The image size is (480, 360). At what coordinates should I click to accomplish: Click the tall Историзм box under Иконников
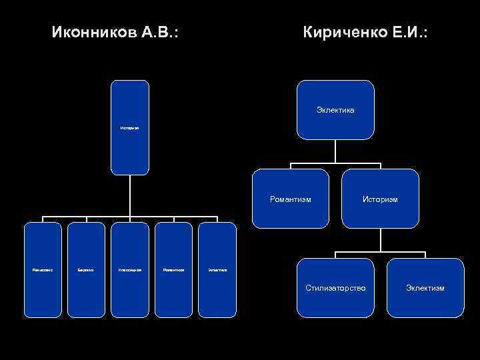coord(130,127)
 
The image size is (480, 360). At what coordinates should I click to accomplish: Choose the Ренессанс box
coord(43,269)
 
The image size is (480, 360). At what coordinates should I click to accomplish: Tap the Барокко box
coord(87,269)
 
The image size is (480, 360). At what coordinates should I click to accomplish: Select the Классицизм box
coord(130,269)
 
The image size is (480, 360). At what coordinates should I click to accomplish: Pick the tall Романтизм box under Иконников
coord(173,269)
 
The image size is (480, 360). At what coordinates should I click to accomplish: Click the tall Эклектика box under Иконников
coord(217,269)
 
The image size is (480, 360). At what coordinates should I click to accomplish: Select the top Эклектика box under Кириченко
coord(335,109)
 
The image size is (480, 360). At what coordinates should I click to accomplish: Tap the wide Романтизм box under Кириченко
coord(291,199)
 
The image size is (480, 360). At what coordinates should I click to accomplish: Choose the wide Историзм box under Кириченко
coord(380,199)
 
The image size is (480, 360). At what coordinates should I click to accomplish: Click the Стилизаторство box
coord(335,287)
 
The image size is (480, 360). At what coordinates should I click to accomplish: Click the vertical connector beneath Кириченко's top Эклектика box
coord(335,151)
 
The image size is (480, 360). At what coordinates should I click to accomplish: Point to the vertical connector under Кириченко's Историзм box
coord(380,240)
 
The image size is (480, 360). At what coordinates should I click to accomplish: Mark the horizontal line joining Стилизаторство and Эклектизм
coord(380,252)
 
